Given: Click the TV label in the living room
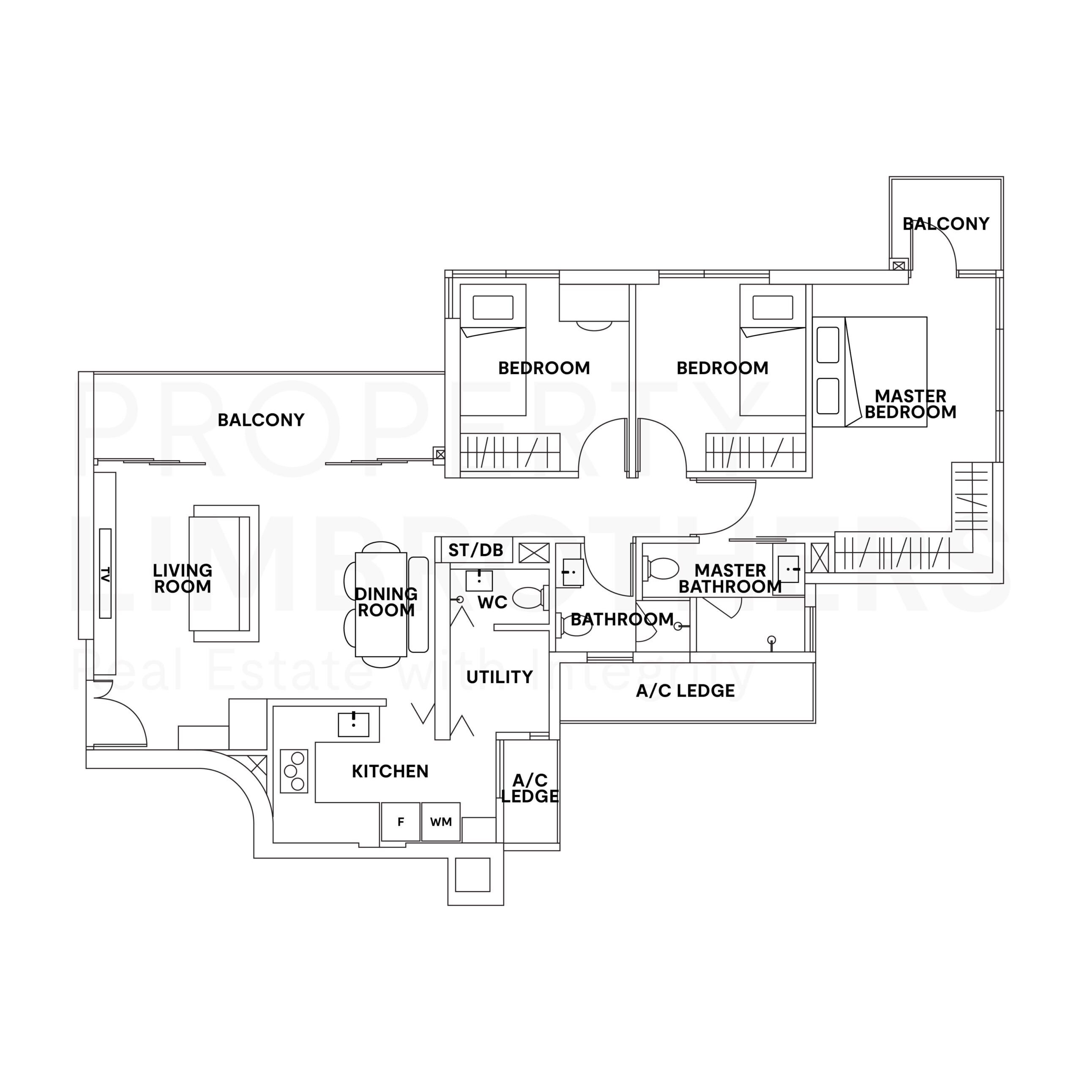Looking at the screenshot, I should click(x=105, y=574).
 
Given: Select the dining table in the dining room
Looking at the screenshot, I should click(x=381, y=604).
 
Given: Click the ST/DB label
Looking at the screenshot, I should click(x=475, y=551).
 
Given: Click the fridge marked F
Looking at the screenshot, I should click(x=400, y=822).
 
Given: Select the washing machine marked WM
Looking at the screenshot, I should click(x=441, y=822).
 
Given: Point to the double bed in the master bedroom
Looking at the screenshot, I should click(x=885, y=372).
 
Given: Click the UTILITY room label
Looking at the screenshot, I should click(x=499, y=677).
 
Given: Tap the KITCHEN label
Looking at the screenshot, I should click(x=390, y=771).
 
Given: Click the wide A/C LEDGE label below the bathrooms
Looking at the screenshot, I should click(x=685, y=691).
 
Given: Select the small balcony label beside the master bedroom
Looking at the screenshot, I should click(x=945, y=224).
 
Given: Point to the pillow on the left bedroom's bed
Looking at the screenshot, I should click(x=493, y=307).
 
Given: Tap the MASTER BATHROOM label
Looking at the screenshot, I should click(x=730, y=579).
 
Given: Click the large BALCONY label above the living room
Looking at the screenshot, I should click(x=260, y=420).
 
